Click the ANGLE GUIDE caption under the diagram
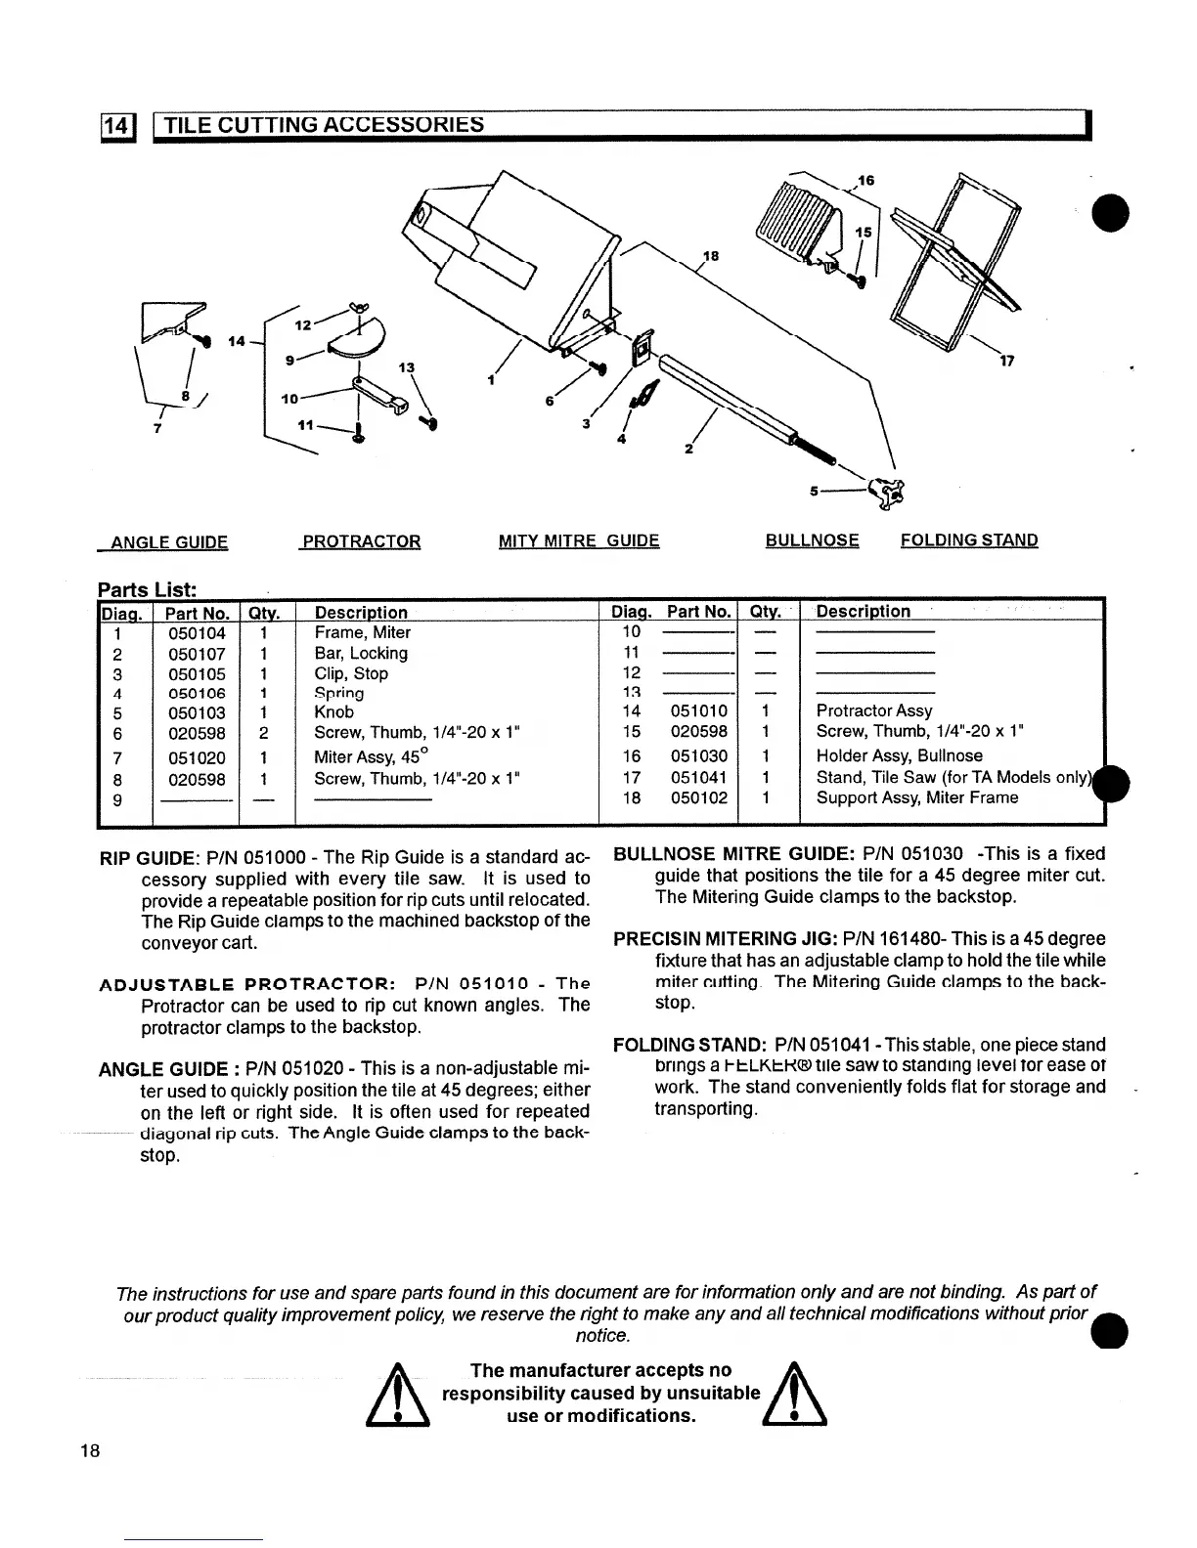pos(169,542)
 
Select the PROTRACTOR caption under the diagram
pos(362,541)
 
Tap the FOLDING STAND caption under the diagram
pos(969,540)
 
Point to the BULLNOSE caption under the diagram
pos(812,540)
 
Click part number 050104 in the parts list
pos(197,633)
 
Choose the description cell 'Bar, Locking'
pos(361,653)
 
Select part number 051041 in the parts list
pos(699,777)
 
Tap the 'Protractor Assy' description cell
pos(874,710)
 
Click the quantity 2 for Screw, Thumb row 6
pos(264,733)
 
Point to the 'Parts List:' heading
pos(148,589)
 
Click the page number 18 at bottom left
pos(90,1450)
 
